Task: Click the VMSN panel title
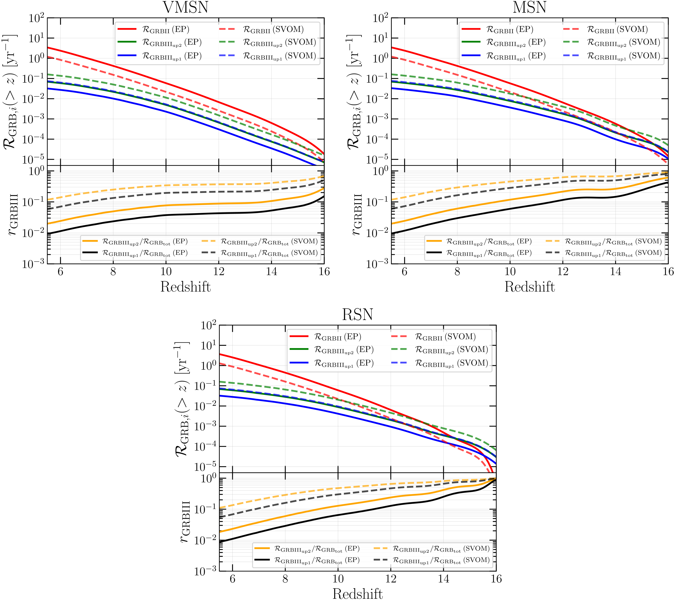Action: pos(186,7)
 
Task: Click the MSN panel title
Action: pos(529,7)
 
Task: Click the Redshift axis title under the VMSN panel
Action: pos(186,287)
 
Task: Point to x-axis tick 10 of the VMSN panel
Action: pos(166,272)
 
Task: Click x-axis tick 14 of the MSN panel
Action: pos(615,272)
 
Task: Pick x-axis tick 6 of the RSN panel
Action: pos(233,579)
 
